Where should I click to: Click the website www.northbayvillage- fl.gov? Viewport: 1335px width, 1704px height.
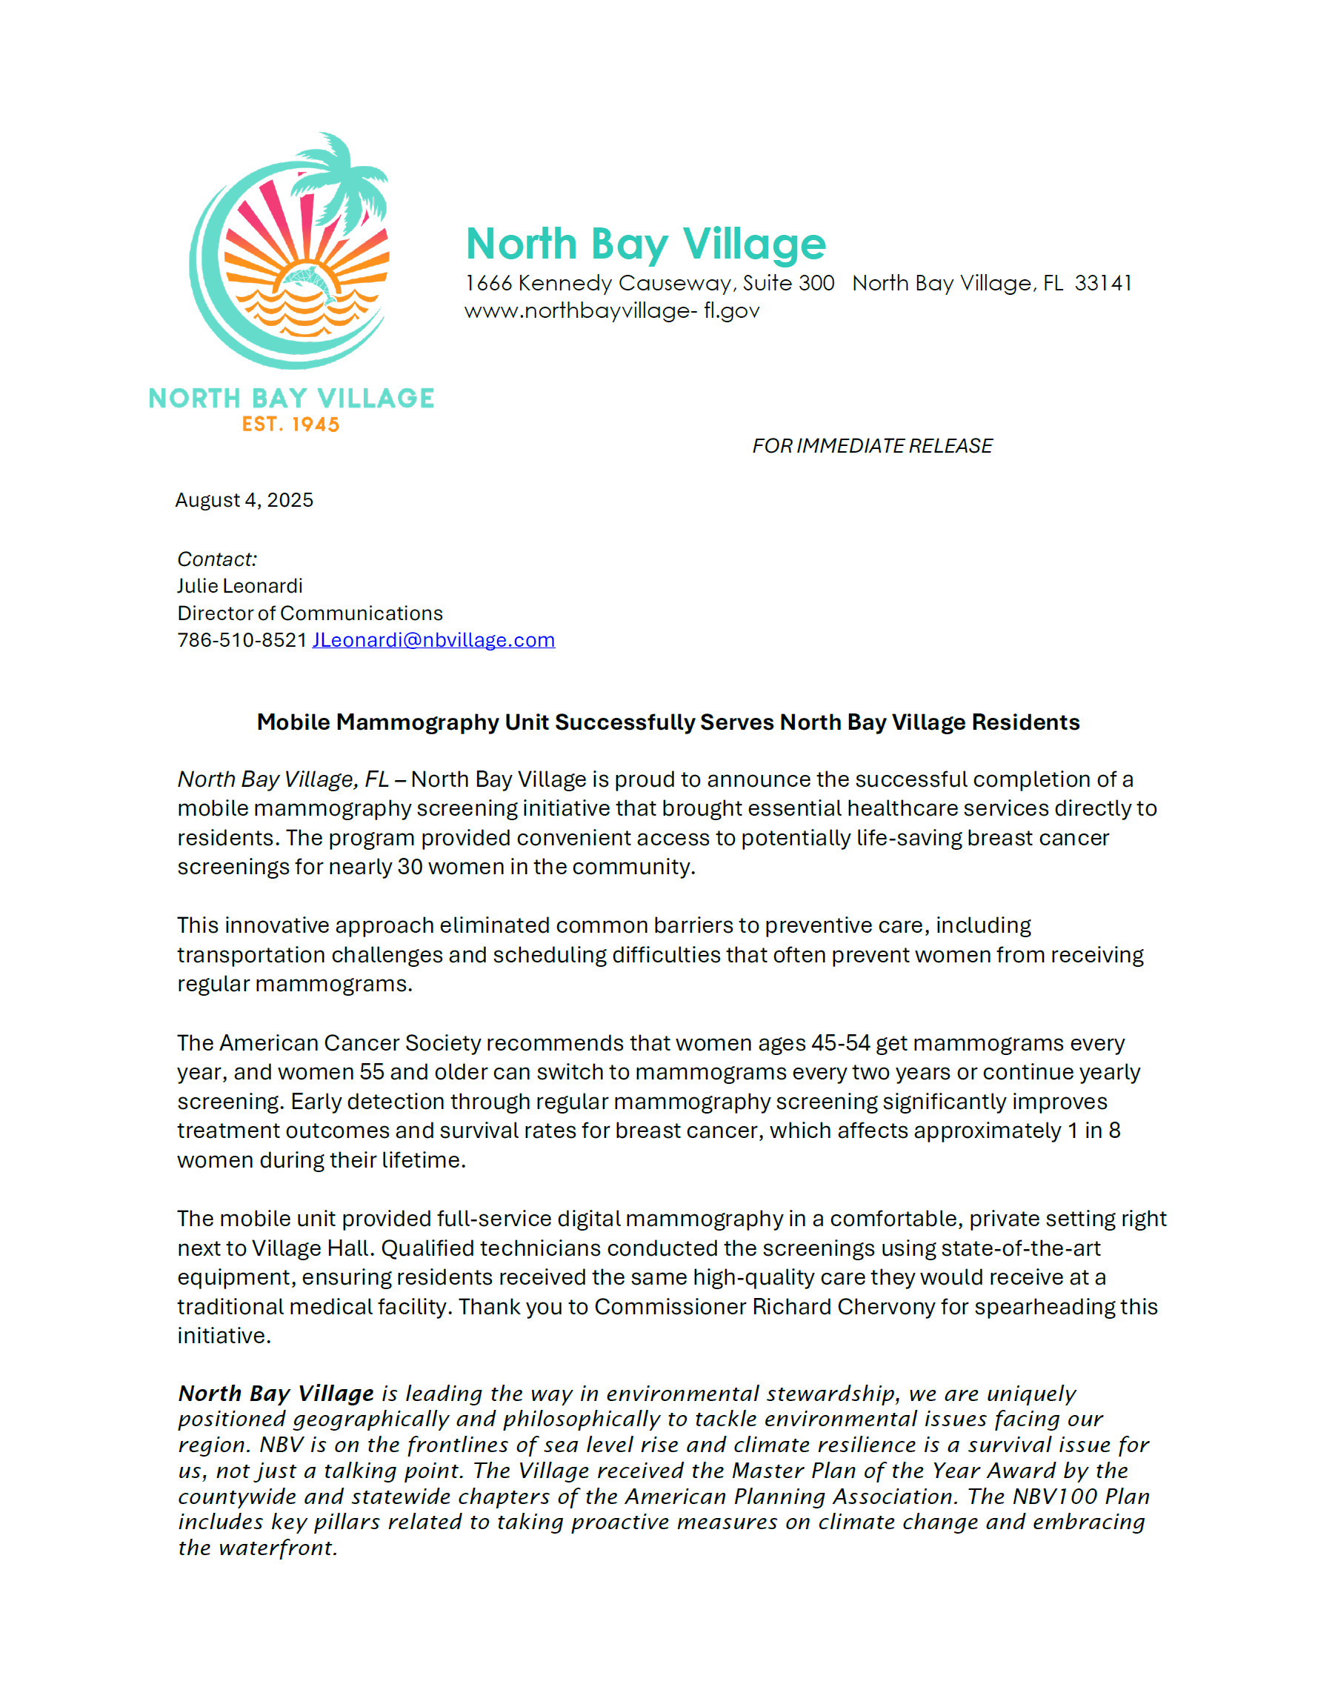(x=611, y=311)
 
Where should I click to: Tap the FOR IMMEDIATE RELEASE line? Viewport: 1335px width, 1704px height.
(x=871, y=445)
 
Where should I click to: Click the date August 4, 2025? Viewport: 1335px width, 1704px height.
(x=244, y=500)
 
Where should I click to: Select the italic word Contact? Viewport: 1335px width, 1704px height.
(x=216, y=559)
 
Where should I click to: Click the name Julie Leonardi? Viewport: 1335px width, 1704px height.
(x=239, y=586)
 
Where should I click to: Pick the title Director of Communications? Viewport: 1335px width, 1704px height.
(x=310, y=613)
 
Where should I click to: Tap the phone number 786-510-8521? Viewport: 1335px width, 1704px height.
(x=242, y=640)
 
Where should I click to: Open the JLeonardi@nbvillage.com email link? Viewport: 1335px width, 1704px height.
(x=434, y=640)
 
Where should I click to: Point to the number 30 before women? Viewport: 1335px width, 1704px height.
(x=410, y=867)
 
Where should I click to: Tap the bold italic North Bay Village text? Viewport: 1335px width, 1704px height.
(x=276, y=1394)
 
